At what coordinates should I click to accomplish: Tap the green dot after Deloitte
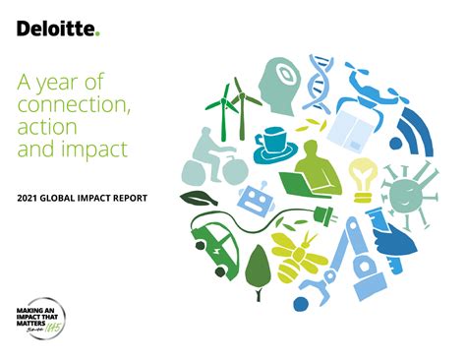98,33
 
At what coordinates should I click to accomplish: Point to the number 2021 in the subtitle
30,199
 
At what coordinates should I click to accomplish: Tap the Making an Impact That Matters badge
37,316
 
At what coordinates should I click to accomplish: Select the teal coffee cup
271,142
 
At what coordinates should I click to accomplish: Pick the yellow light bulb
365,177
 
